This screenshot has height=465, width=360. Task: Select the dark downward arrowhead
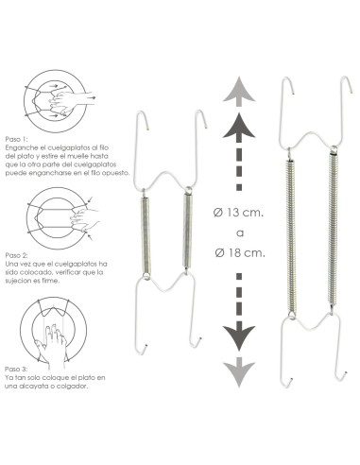point(241,335)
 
